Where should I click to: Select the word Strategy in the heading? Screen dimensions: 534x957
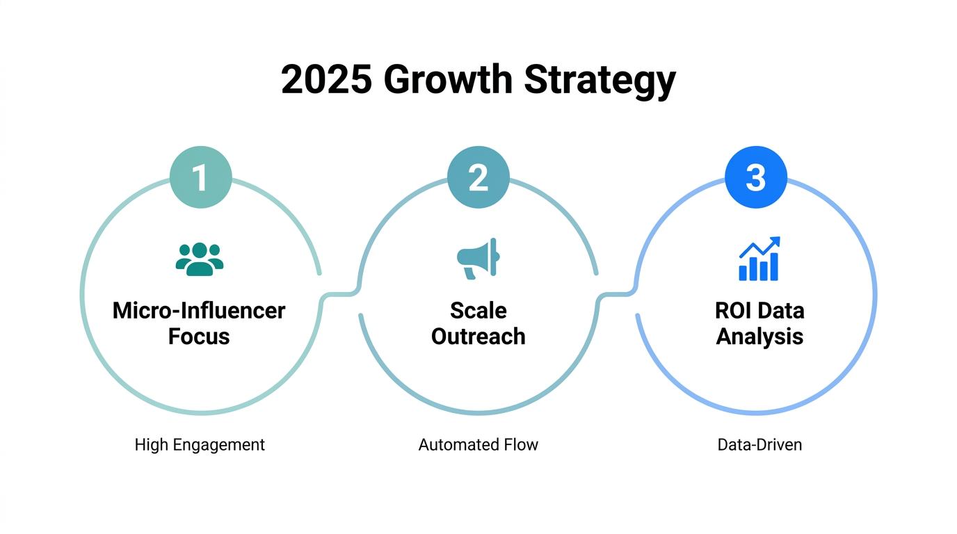(x=600, y=81)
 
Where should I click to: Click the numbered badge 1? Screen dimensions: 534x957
(x=200, y=177)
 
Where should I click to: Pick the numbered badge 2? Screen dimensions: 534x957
(x=478, y=177)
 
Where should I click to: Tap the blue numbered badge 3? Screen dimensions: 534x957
(x=756, y=177)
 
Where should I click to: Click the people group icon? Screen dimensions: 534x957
(x=200, y=259)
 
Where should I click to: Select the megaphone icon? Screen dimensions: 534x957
(x=478, y=259)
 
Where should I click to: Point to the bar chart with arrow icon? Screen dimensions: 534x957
(x=759, y=259)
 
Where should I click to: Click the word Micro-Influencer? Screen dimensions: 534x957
(x=199, y=310)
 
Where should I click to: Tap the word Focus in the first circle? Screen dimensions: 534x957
(x=199, y=337)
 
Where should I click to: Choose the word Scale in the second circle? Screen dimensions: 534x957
(x=478, y=310)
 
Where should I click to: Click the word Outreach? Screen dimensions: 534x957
(x=478, y=337)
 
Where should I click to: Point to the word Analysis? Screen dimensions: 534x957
(x=759, y=337)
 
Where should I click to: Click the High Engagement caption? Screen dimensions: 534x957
(x=200, y=444)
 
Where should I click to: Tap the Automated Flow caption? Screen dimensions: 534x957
(x=478, y=444)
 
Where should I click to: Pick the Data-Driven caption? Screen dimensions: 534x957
(x=759, y=444)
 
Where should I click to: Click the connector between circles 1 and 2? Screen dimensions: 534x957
(x=340, y=294)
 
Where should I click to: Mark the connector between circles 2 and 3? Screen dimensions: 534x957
(x=618, y=294)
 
